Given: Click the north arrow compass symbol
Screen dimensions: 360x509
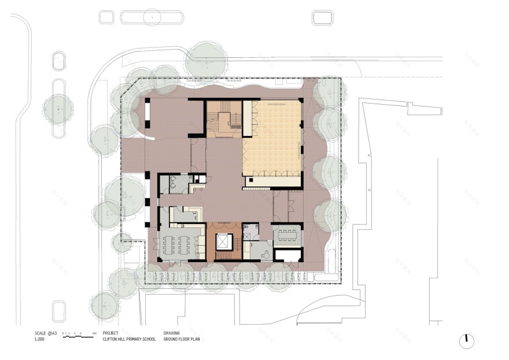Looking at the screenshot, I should tap(467, 341).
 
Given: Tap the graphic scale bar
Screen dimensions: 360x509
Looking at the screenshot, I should tap(78, 336).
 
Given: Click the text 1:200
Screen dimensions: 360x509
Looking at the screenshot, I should tap(40, 340).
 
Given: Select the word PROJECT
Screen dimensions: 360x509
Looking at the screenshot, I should tap(111, 333).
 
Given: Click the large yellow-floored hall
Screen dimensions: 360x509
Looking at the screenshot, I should tap(272, 139).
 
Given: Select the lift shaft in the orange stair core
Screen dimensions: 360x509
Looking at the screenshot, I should tap(223, 244).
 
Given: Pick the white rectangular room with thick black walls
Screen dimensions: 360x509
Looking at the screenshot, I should tap(287, 254).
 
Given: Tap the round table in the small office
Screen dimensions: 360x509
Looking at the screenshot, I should tap(266, 253).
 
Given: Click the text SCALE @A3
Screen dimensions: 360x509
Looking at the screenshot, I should tap(44, 333).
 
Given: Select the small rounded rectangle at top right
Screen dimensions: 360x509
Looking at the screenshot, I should tap(322, 17).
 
